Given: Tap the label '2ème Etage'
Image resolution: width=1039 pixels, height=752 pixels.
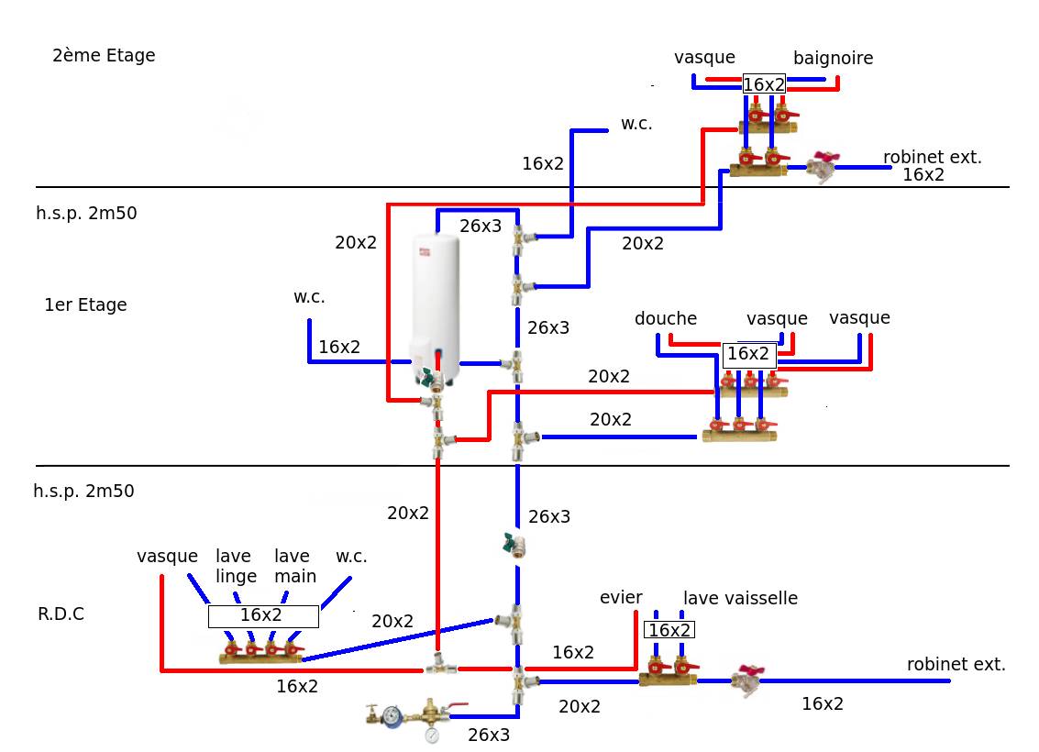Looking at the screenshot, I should (104, 56).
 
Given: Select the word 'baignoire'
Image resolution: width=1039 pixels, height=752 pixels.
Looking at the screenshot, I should (833, 59).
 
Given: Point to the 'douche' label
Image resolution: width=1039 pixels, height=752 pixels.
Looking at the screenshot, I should (666, 319).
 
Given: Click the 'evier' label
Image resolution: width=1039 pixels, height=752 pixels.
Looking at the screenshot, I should (621, 598).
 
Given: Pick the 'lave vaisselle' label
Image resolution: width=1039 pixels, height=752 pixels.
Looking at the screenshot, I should (740, 599).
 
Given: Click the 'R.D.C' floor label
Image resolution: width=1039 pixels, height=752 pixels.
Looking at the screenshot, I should (61, 614).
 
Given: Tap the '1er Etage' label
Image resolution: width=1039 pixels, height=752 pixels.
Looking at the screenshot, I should (85, 305).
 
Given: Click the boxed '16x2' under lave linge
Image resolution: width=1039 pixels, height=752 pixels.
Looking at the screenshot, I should (262, 615).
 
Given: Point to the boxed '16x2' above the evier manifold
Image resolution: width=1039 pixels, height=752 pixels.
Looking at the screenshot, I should (669, 630).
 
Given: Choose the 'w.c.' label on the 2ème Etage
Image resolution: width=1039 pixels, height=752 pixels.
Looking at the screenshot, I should (636, 124).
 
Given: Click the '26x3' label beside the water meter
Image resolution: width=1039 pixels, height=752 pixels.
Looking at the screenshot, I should (489, 735).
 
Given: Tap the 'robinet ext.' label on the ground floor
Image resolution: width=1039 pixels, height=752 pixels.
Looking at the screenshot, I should (956, 665).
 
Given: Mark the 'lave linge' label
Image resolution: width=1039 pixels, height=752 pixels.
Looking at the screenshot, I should (237, 566).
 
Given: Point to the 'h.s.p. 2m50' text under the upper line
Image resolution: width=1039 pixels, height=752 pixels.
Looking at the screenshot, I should (86, 214).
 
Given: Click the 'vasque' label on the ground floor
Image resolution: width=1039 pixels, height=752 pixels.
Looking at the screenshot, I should (167, 557).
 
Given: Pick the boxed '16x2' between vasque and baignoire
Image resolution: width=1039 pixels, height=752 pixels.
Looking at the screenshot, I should (764, 84).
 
